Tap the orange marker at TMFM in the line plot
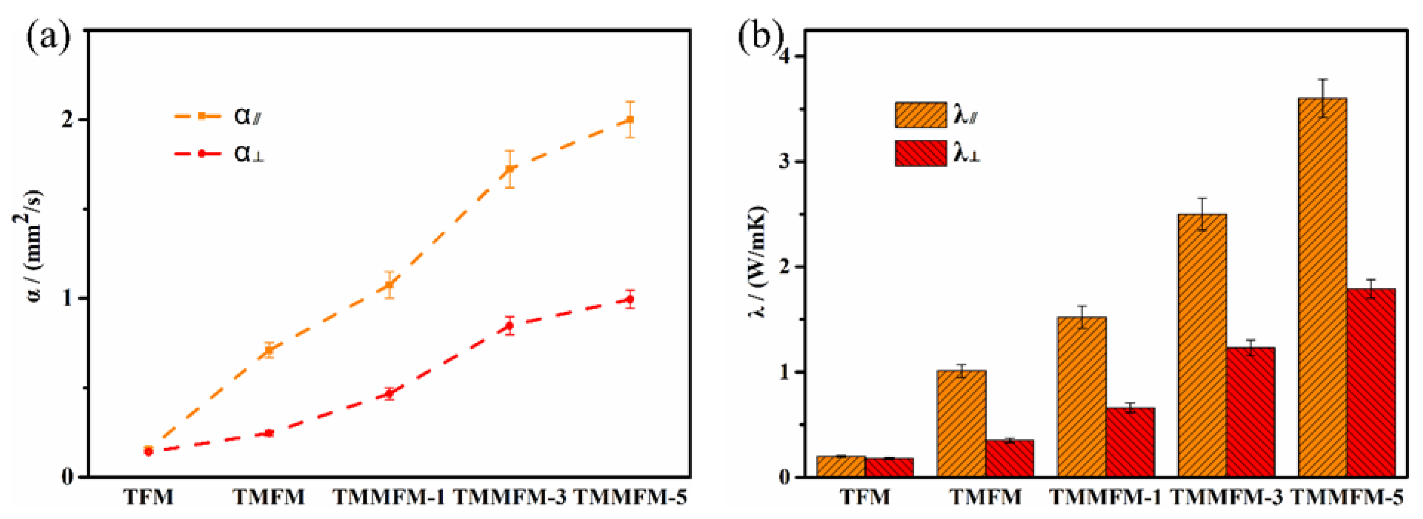(269, 350)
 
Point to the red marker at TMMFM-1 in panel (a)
(389, 393)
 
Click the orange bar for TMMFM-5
(1323, 287)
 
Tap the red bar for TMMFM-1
(1130, 442)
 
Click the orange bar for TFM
(841, 466)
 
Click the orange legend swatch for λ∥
(920, 115)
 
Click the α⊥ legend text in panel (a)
(249, 153)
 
